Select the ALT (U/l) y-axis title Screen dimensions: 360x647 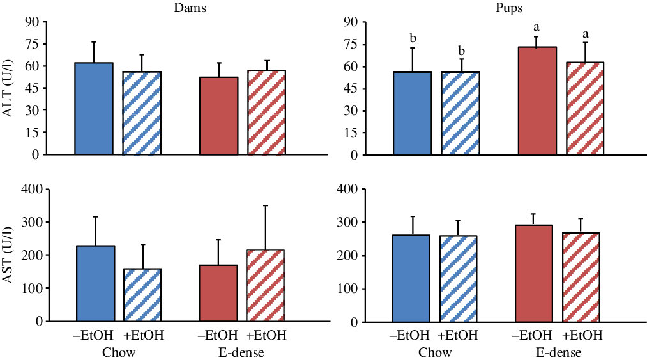[x=10, y=88]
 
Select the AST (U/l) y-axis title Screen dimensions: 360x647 [x=10, y=255]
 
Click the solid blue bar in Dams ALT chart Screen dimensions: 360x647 [x=94, y=109]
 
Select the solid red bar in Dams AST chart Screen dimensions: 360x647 [x=218, y=293]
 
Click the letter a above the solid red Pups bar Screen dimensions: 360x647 [x=537, y=27]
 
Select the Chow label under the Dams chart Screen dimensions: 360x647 [x=118, y=352]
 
